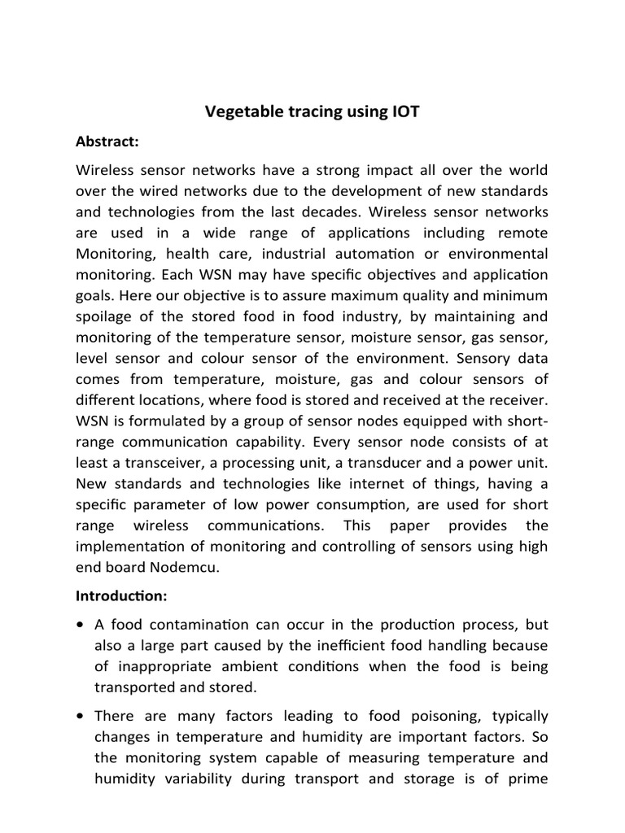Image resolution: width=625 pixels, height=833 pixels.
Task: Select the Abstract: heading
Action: (107, 142)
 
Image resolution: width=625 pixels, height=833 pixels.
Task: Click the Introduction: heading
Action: (121, 596)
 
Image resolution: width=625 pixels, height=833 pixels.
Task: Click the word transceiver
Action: (164, 463)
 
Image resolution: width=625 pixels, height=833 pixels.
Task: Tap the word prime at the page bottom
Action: (528, 778)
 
